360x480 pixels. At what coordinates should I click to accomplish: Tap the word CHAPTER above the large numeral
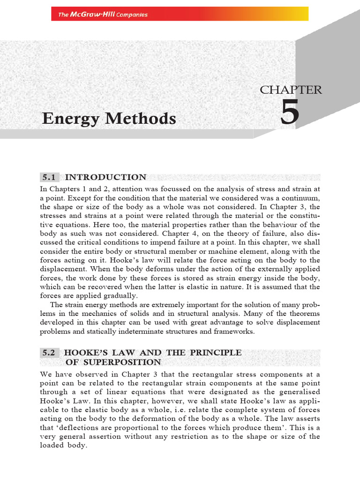(291, 90)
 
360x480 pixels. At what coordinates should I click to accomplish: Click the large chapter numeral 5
(290, 114)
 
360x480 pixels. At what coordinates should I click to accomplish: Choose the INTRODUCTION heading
(105, 177)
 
